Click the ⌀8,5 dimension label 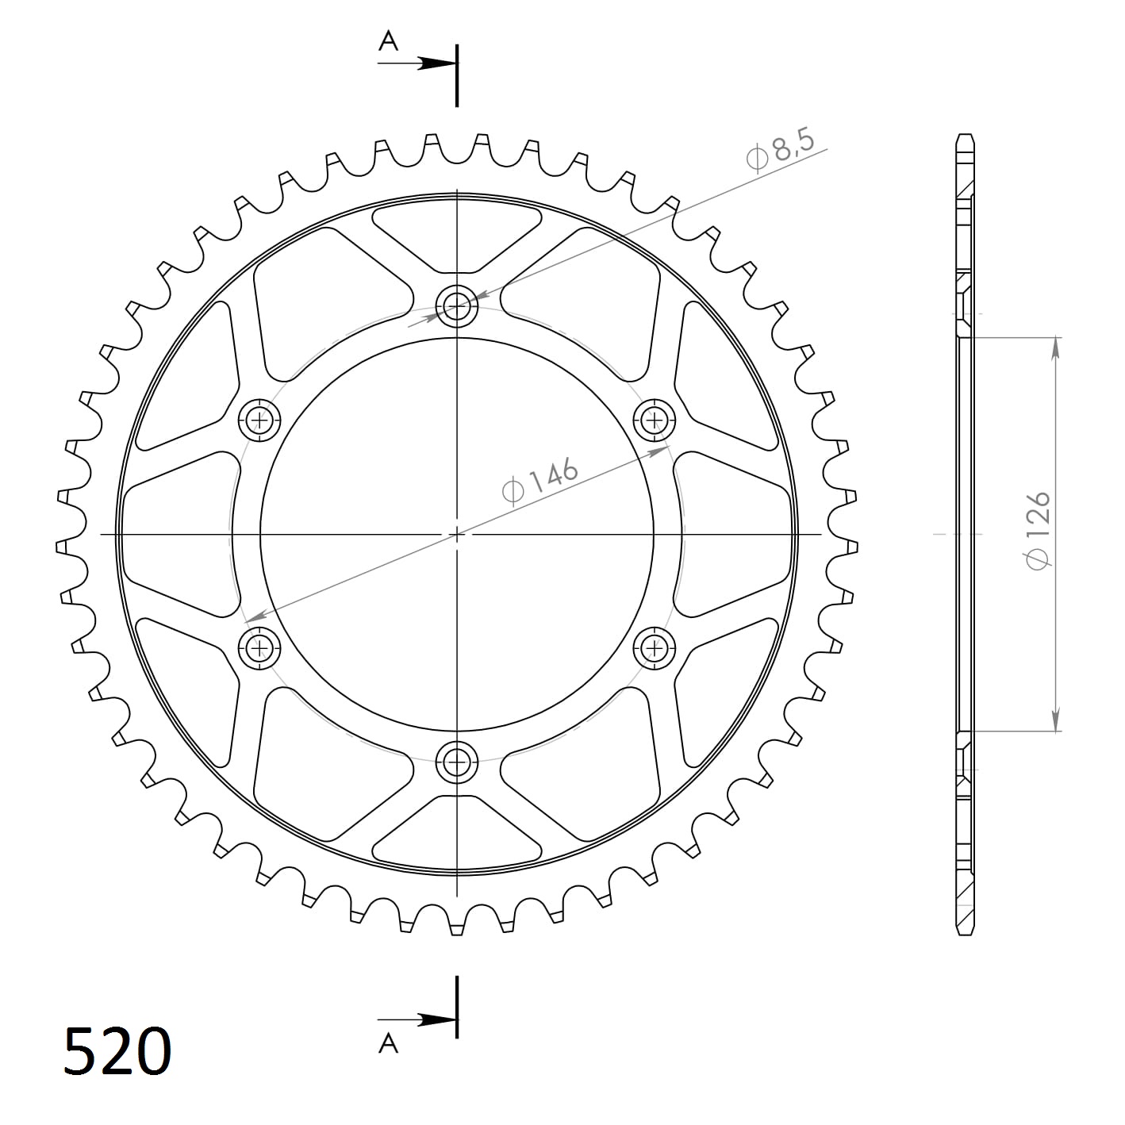781,152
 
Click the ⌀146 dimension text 540,480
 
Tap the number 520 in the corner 117,1051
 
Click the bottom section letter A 388,1042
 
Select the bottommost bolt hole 457,763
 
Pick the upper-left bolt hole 259,419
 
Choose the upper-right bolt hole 655,419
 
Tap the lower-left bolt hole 259,649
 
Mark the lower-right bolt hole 655,649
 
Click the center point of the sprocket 457,534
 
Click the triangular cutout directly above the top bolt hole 457,234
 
